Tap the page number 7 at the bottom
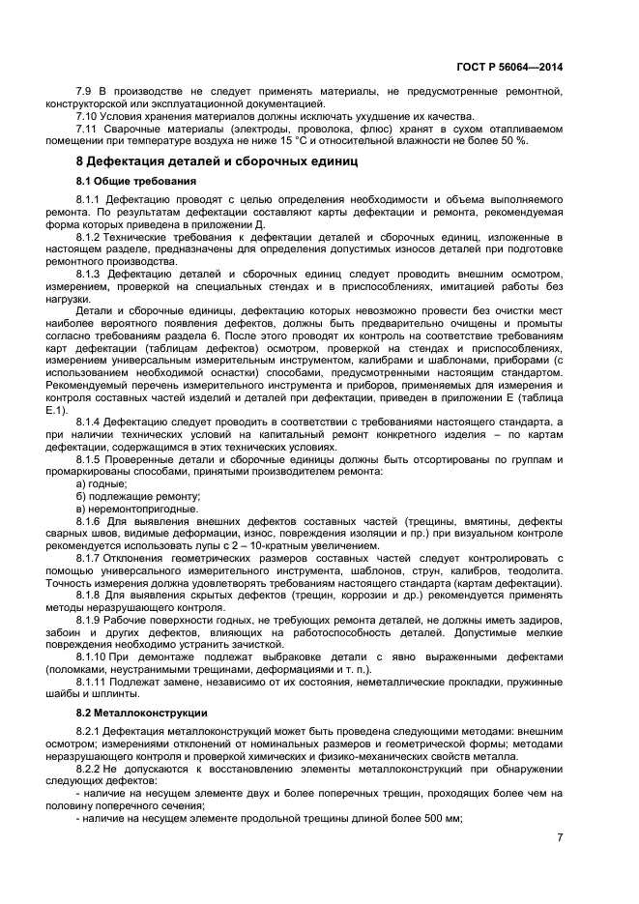point(560,838)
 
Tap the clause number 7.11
point(89,128)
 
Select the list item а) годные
point(101,482)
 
